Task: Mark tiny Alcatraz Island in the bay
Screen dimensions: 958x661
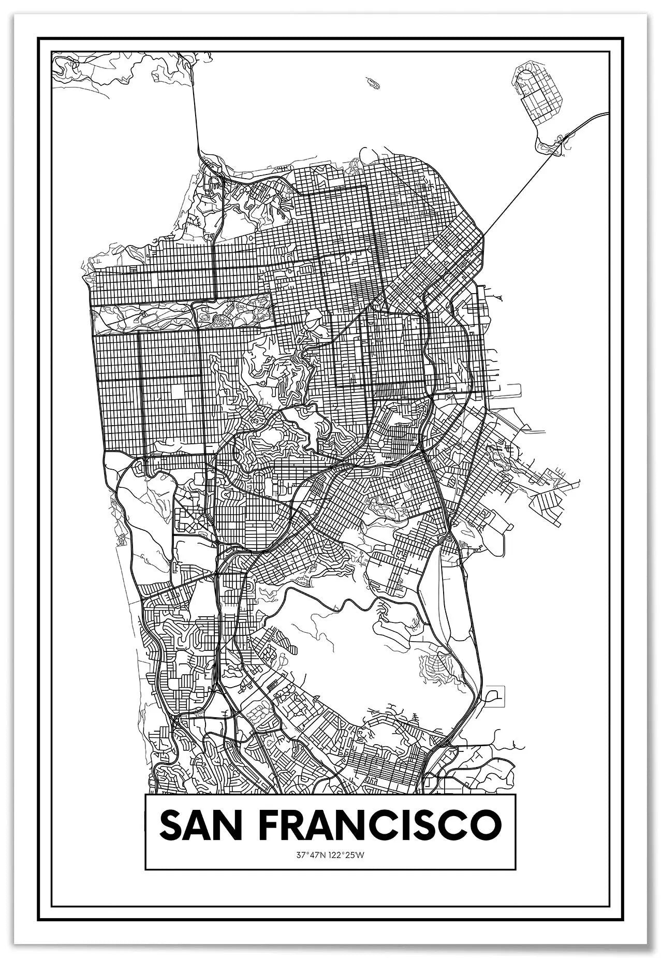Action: pos(371,81)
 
